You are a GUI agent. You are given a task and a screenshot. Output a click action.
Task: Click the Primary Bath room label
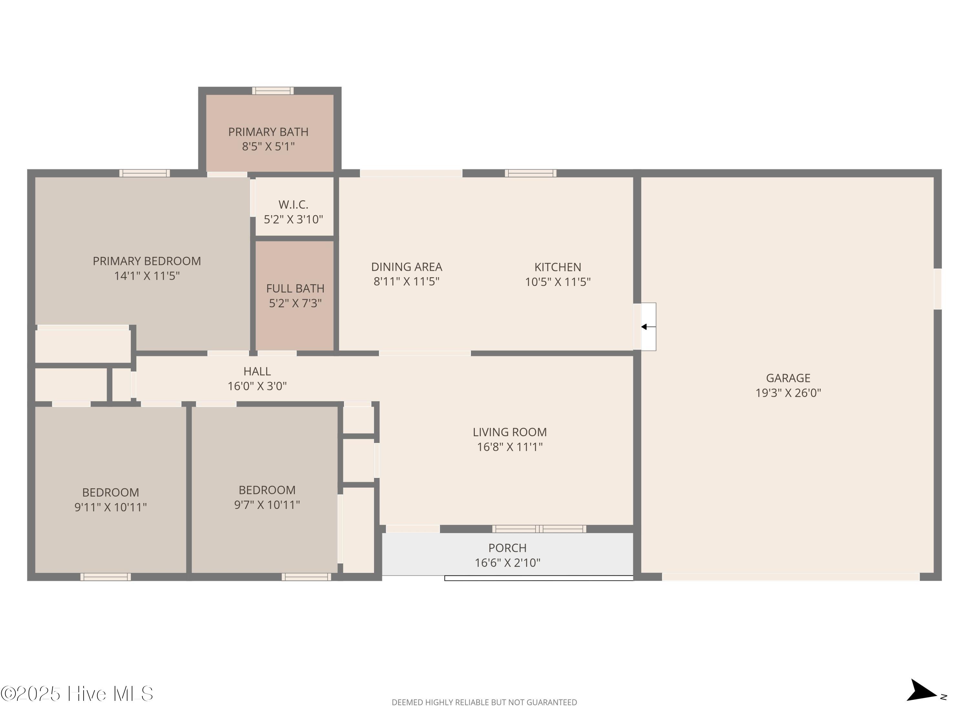click(268, 132)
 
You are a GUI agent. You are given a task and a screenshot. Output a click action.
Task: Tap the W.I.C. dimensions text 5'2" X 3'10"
click(293, 219)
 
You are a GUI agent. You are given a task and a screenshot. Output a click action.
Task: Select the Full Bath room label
click(295, 288)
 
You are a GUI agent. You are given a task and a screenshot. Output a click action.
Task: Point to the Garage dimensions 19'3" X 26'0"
click(788, 393)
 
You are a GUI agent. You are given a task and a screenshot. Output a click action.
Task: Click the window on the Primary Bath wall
click(273, 91)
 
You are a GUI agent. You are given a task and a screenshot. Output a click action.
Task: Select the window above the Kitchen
click(530, 173)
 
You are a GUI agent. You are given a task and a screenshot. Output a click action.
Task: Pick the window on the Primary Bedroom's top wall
click(145, 173)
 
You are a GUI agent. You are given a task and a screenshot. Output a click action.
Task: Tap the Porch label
click(507, 548)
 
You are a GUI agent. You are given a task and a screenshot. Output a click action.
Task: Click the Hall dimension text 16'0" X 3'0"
click(257, 386)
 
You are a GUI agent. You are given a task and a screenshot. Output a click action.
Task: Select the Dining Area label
click(407, 267)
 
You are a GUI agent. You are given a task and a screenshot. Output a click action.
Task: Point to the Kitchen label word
click(557, 267)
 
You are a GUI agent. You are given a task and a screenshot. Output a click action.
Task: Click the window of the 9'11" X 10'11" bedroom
click(106, 577)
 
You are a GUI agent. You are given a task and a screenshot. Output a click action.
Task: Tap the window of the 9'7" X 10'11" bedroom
click(306, 577)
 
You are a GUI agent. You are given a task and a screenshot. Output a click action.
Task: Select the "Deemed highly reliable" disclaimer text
click(484, 702)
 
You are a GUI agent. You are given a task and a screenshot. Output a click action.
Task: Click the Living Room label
click(509, 432)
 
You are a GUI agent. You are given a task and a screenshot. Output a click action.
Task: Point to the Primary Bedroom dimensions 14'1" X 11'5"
click(147, 276)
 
